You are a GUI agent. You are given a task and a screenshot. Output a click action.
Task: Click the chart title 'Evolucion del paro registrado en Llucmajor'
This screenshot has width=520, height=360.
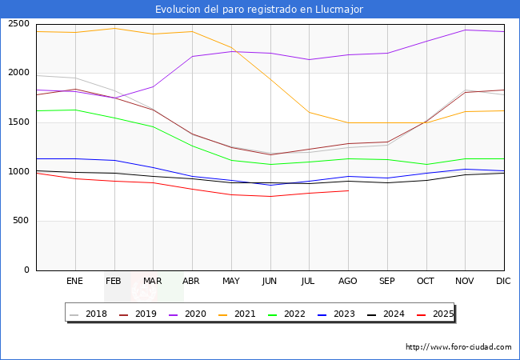[260, 10]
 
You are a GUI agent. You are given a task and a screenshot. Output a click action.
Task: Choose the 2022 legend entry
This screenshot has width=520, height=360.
[294, 314]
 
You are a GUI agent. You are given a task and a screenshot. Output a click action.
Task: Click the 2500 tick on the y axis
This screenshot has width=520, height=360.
[18, 23]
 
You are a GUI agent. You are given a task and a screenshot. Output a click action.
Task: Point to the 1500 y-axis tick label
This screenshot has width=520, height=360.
[18, 122]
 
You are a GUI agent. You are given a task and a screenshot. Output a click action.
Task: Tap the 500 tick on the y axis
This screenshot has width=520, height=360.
[21, 221]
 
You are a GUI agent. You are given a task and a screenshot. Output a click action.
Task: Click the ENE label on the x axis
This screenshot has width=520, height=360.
[74, 281]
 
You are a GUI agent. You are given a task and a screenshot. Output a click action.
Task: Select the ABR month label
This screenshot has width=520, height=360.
[192, 281]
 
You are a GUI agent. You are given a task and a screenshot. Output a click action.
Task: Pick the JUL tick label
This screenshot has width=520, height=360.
[309, 281]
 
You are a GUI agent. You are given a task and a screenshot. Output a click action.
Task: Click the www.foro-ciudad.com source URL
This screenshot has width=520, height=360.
[458, 347]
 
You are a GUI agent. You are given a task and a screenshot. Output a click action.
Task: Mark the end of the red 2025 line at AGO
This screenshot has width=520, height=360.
[348, 190]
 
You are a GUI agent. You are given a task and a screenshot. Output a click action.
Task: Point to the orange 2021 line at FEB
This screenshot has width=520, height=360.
[114, 28]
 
